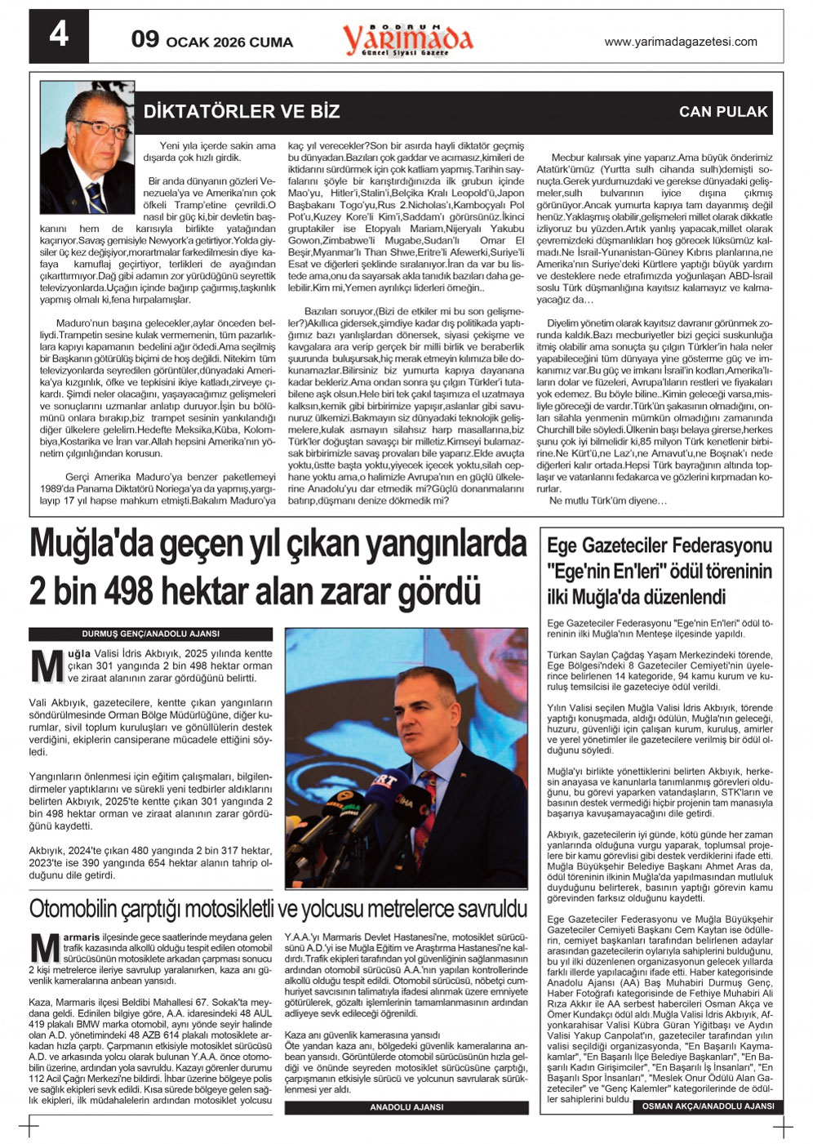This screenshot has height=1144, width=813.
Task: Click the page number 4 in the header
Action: coord(59,35)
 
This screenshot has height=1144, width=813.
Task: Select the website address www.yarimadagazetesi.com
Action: coord(680,42)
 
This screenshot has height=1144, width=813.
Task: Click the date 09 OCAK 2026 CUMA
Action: coord(211,41)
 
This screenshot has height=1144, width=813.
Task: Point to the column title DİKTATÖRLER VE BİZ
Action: coord(242,112)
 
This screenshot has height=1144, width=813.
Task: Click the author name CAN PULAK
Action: coord(723,113)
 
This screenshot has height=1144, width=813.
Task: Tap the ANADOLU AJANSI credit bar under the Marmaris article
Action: coord(406,1107)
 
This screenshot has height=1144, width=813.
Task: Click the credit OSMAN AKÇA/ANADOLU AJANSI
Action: coord(708,1106)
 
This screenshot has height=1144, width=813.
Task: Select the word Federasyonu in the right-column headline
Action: coord(717,545)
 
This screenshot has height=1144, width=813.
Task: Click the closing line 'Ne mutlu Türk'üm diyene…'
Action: coord(608,501)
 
